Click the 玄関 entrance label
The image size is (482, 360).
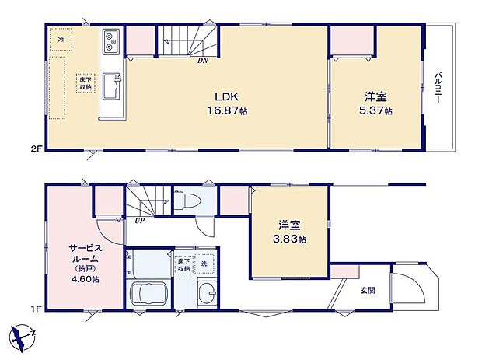(x=368, y=290)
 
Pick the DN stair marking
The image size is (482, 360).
(x=202, y=60)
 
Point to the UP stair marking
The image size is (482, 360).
(x=139, y=221)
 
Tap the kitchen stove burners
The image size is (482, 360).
(x=110, y=40)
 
